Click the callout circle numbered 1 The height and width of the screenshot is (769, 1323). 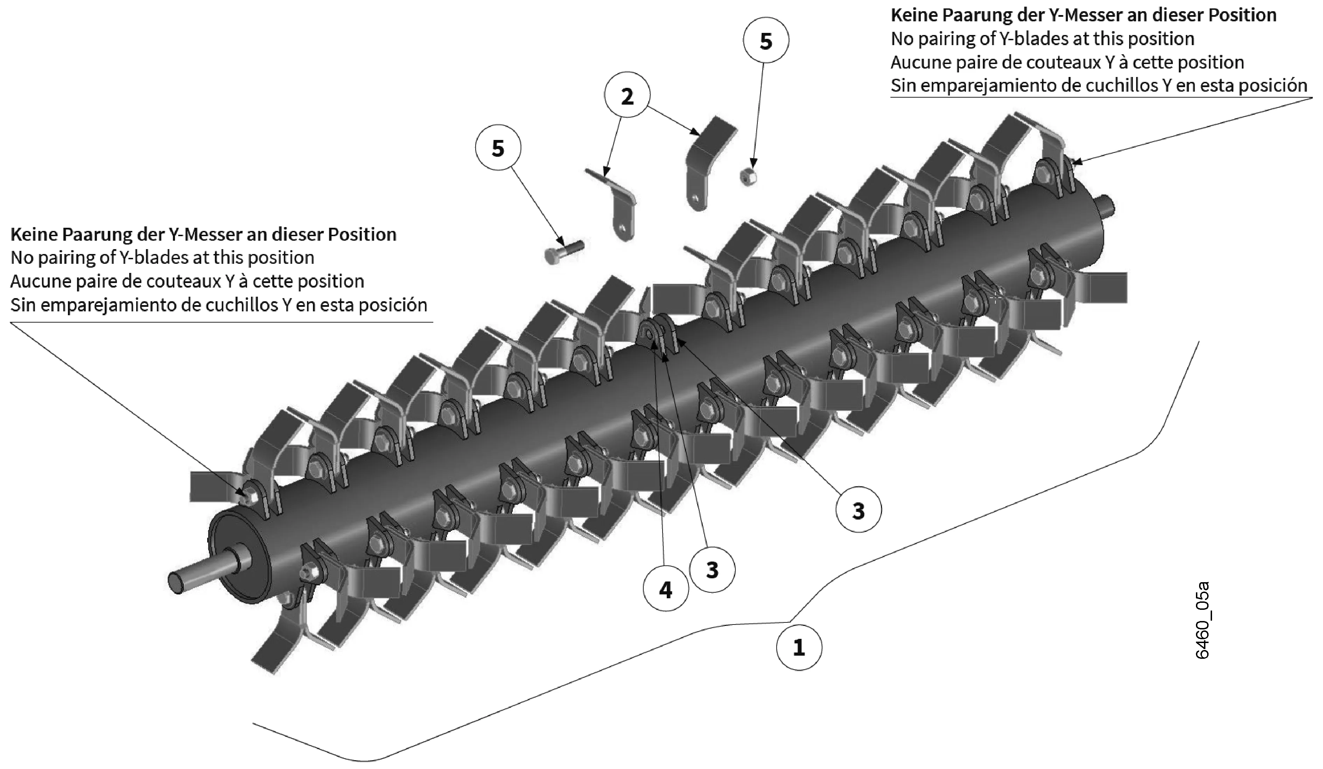point(799,647)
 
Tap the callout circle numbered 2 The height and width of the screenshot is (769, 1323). point(627,96)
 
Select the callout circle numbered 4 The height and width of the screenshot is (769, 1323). point(665,590)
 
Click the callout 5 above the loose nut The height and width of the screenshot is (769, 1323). point(766,41)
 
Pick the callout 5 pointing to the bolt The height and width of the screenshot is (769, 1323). point(498,149)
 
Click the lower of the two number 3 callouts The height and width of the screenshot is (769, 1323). point(712,570)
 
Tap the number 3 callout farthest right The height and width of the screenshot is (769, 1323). point(858,510)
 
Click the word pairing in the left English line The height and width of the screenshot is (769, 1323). point(66,258)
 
